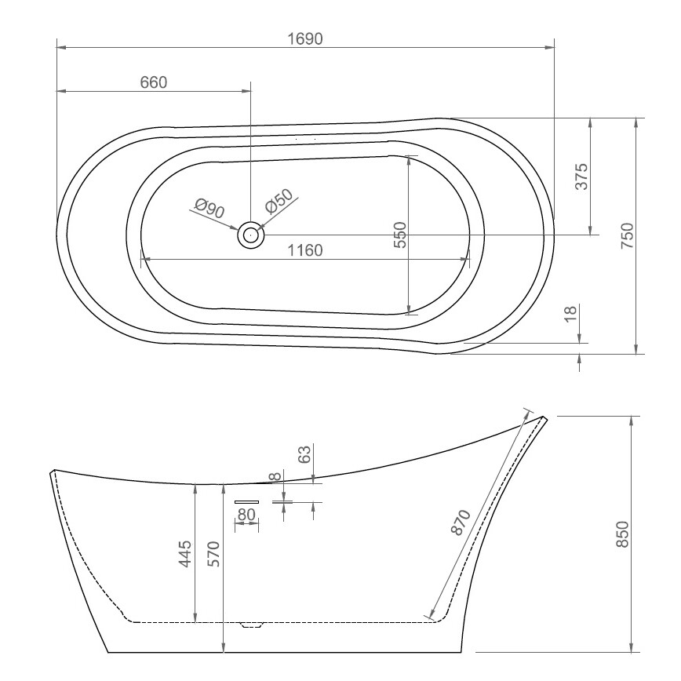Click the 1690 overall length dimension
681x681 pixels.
coord(305,39)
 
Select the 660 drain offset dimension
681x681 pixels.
coord(154,82)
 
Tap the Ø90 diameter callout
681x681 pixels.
coord(209,208)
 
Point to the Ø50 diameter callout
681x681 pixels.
coord(279,202)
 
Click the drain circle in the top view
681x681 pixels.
coord(250,235)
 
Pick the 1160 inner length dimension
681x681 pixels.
coord(305,250)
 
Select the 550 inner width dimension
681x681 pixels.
coord(400,235)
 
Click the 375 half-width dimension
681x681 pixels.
coord(581,177)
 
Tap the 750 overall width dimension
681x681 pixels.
coord(628,235)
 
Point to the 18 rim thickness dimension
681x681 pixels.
coord(570,313)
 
